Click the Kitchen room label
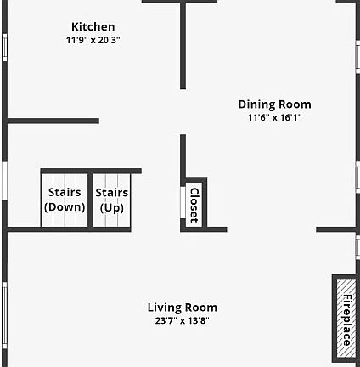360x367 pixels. point(93,27)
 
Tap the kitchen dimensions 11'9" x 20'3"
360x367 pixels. point(93,40)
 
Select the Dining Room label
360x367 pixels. point(274,104)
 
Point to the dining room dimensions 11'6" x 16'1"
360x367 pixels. point(274,117)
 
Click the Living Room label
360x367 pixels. point(183,308)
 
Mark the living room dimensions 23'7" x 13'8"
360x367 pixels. point(183,320)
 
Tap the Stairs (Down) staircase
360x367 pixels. point(65,200)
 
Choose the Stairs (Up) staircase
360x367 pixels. point(112,200)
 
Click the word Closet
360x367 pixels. point(194,205)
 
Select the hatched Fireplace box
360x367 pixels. point(346,319)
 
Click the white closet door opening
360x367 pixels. point(183,202)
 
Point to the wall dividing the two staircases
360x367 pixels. point(91,200)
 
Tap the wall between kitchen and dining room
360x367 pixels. point(183,45)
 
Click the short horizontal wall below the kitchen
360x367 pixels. point(53,121)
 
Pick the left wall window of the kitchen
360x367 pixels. point(4,48)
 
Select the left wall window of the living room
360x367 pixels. point(4,316)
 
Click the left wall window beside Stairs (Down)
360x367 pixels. point(4,181)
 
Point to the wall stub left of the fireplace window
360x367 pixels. point(336,229)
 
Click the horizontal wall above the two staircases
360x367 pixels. point(91,171)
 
